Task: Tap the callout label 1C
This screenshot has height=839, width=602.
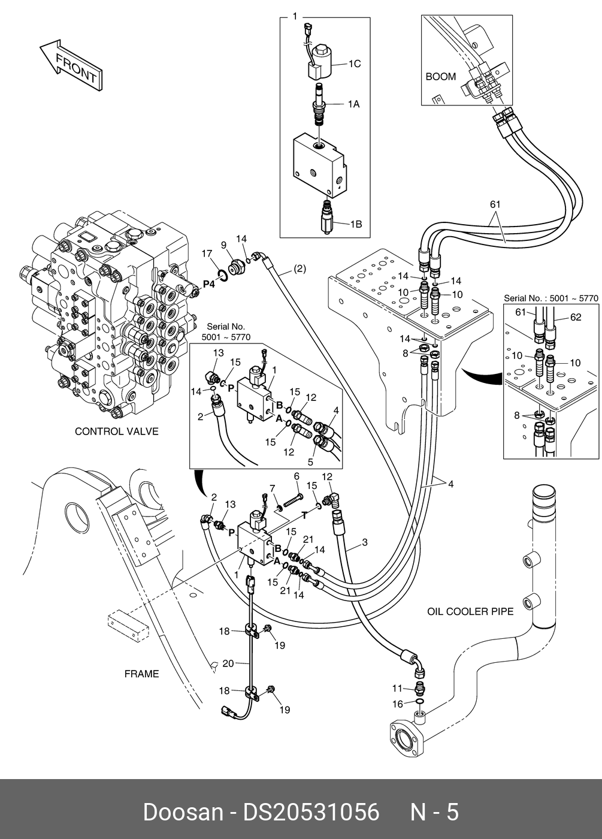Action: [x=355, y=64]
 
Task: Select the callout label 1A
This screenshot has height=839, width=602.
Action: [x=353, y=104]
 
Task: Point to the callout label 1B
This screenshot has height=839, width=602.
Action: [x=355, y=224]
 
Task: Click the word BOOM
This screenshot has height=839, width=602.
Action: [x=440, y=77]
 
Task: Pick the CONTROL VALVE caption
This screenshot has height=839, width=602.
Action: [x=116, y=431]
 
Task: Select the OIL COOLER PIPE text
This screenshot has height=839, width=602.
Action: [x=470, y=612]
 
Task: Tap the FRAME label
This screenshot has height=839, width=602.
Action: [x=141, y=674]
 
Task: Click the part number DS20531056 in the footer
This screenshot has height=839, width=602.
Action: [x=311, y=813]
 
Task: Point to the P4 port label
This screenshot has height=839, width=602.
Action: [x=209, y=283]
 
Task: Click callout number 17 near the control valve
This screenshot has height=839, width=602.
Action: [x=207, y=252]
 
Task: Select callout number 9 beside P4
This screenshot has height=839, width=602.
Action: [x=223, y=245]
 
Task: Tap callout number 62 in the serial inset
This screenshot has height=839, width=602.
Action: [x=575, y=318]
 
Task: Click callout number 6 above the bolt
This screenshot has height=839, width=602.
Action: [x=296, y=476]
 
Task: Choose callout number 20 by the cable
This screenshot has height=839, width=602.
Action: [x=228, y=663]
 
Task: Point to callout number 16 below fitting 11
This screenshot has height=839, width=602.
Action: [x=398, y=704]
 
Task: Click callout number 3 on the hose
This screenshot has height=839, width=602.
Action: [x=364, y=544]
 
